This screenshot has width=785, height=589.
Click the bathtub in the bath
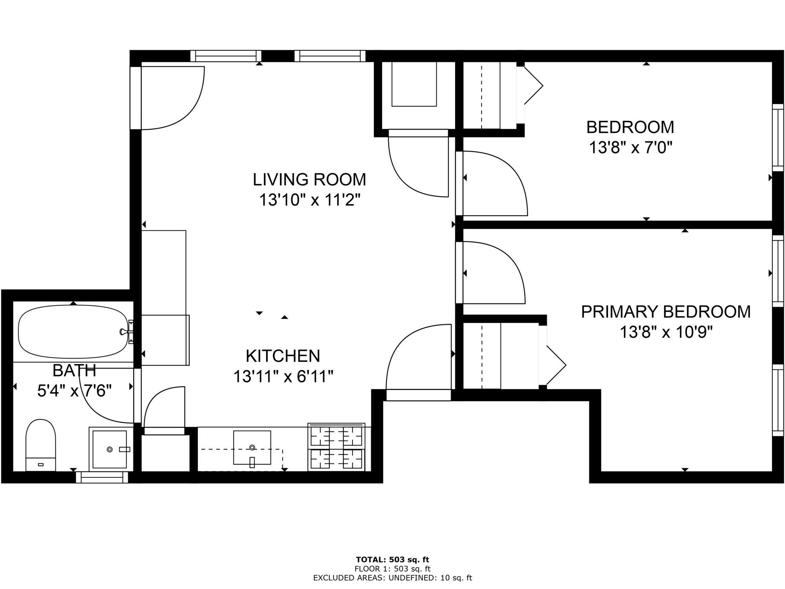[x=73, y=332]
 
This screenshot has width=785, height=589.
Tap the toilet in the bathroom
[x=40, y=445]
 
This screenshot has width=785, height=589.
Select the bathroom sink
[x=110, y=449]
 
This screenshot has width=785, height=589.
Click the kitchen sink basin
[x=252, y=447]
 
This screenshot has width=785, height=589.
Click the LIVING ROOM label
[x=309, y=179]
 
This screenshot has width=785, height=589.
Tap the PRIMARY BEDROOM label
[x=666, y=312]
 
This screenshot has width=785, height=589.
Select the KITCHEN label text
[x=283, y=356]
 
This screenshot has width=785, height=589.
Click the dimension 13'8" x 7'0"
[x=631, y=148]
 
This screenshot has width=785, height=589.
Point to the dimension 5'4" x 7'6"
[x=75, y=391]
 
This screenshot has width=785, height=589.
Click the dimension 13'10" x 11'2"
[x=309, y=200]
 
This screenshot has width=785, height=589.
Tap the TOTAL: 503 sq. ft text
[x=392, y=560]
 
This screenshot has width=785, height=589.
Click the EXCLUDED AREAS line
[x=392, y=578]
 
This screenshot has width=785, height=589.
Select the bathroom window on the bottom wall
[x=102, y=477]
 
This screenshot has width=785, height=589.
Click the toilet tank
[x=40, y=464]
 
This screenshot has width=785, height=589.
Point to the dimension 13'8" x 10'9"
[x=666, y=333]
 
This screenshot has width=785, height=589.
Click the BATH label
[x=75, y=370]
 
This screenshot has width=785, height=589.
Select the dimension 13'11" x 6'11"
[x=283, y=377]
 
